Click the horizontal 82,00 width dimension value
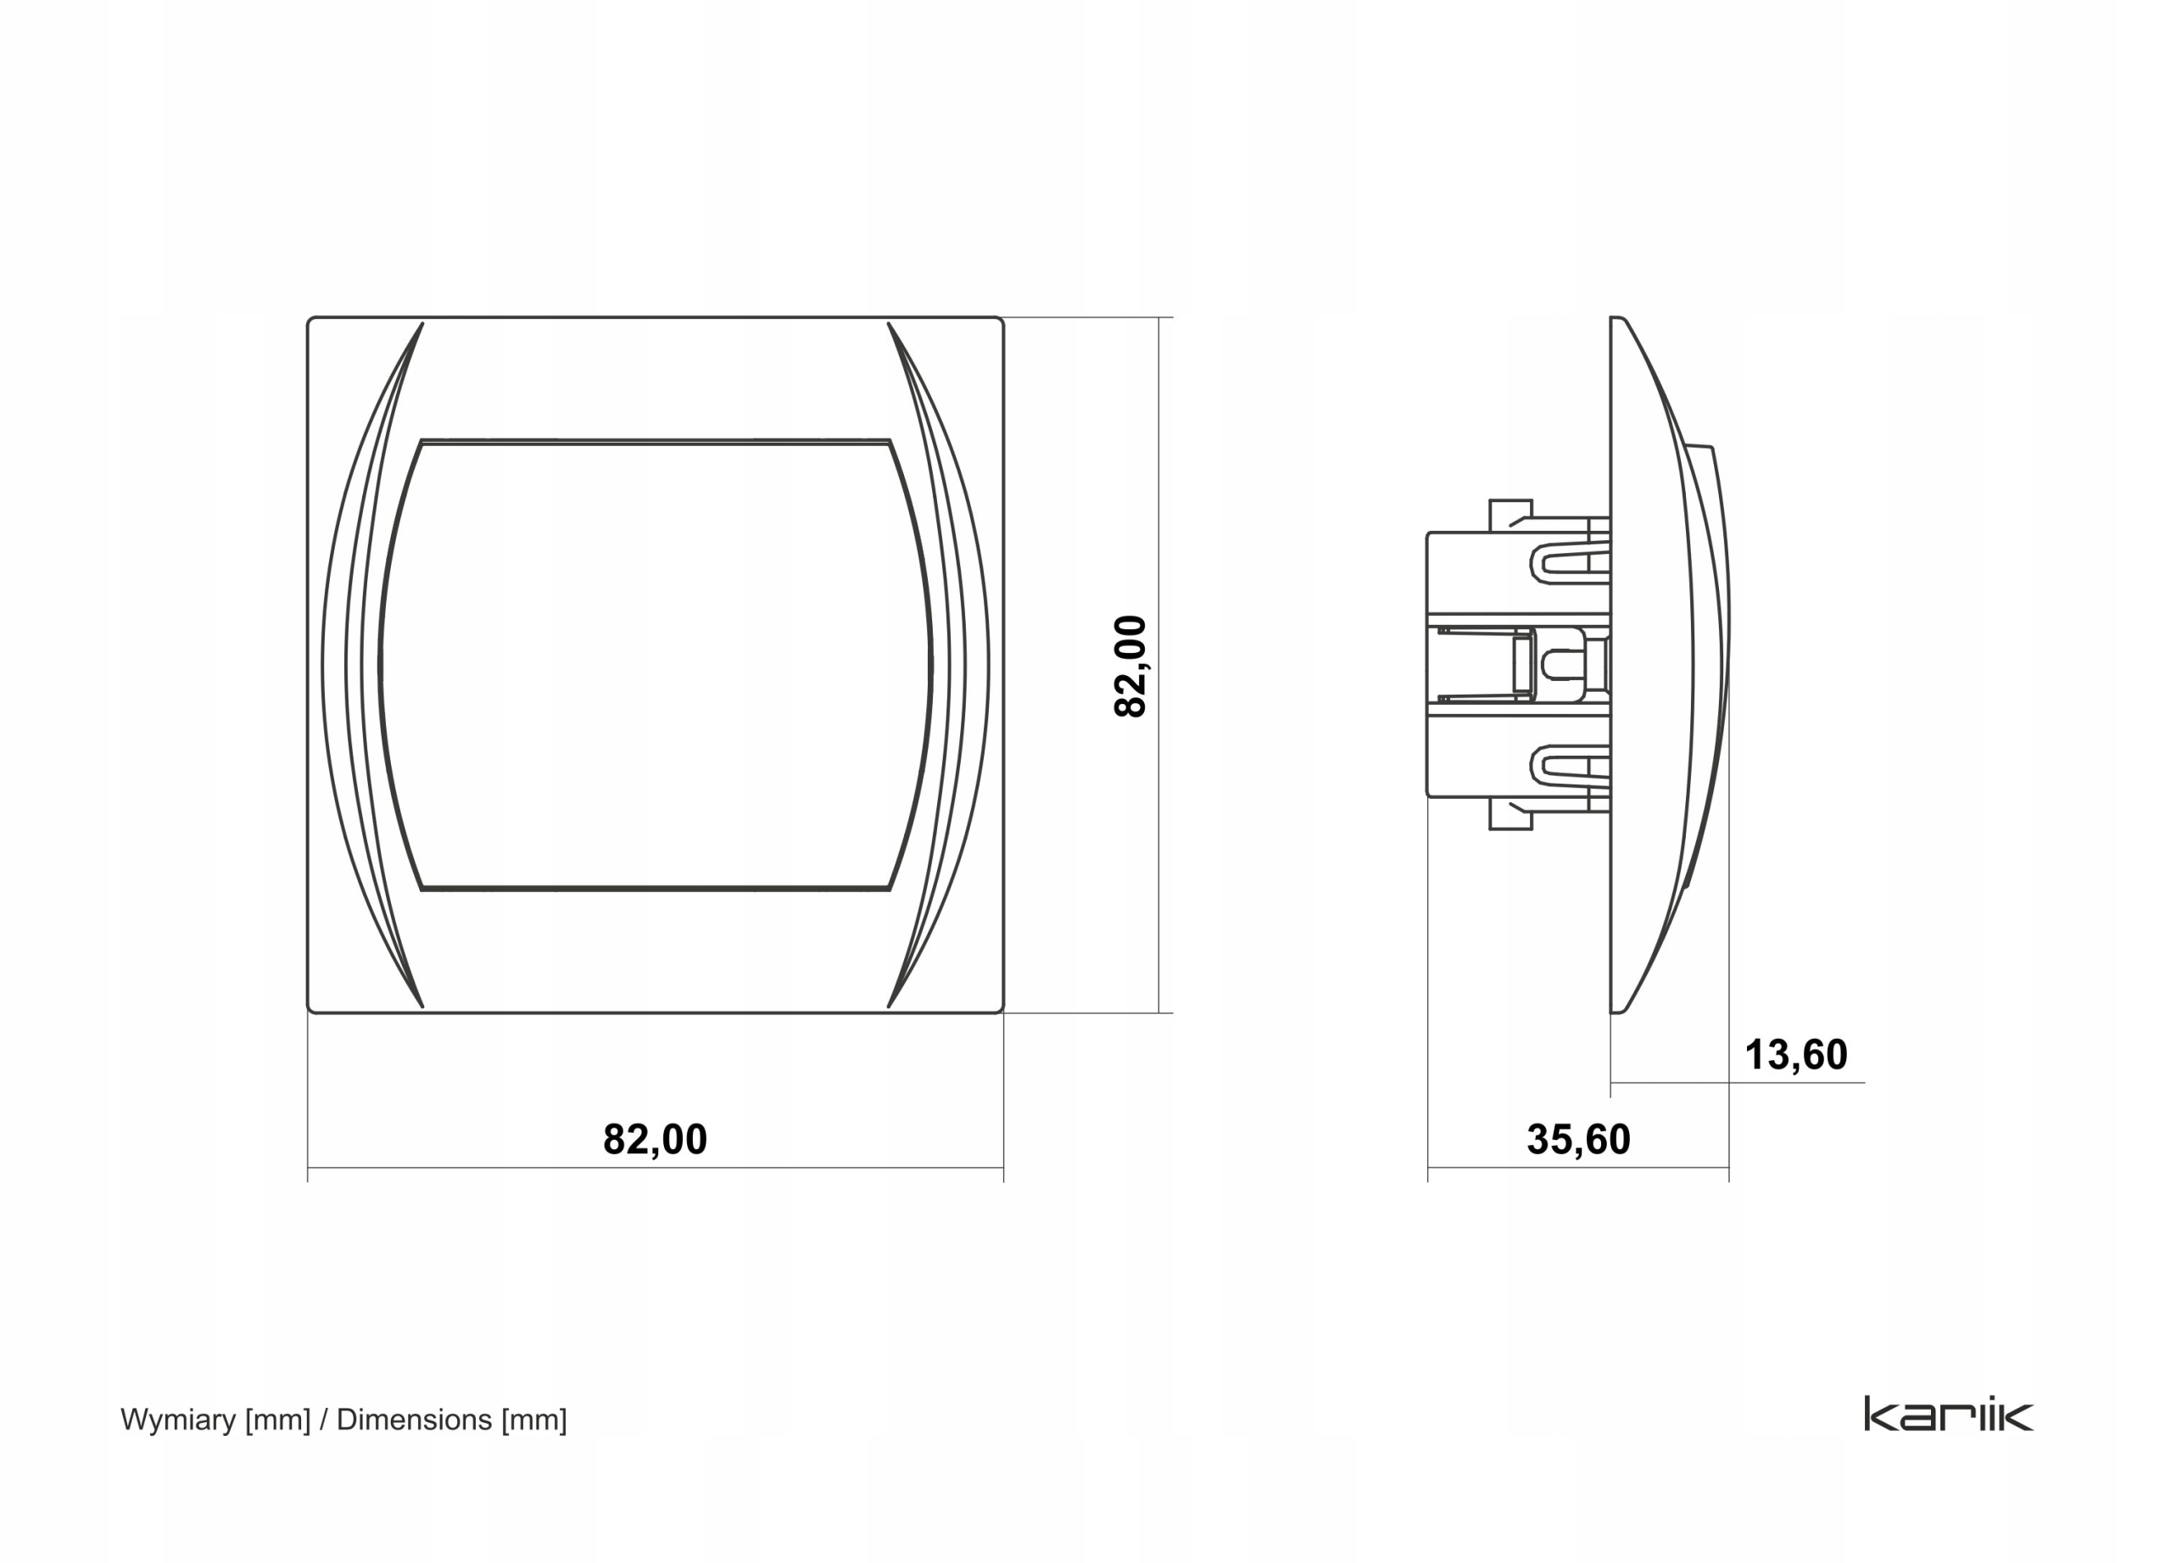655,1139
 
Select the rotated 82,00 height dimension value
1130,667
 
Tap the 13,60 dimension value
1796,1055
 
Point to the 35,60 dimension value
1578,1139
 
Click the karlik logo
1949,1414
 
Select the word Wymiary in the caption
178,1420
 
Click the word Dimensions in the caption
415,1419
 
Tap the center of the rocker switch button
656,665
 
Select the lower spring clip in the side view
1570,767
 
